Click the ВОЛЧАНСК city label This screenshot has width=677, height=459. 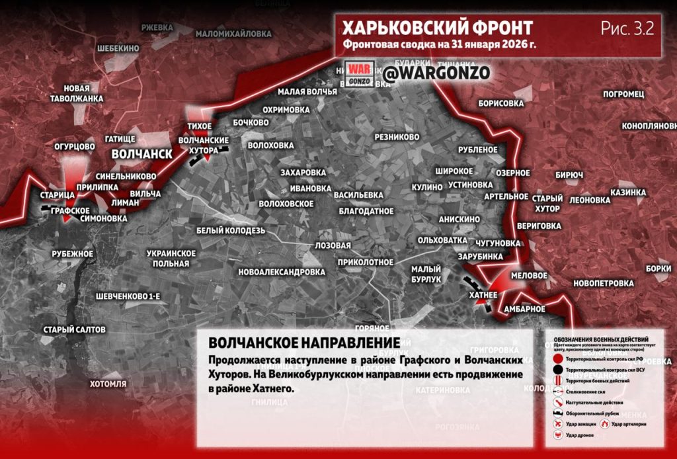click(141, 153)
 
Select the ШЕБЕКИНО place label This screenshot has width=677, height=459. click(118, 48)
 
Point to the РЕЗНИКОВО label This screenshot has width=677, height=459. click(397, 137)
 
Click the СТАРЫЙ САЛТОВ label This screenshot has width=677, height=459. click(74, 329)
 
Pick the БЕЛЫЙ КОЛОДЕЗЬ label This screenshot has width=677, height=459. click(230, 230)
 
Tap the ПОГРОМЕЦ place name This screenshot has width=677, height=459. click(623, 94)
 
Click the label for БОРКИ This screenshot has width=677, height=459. click(658, 269)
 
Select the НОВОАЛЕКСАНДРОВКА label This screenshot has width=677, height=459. click(282, 272)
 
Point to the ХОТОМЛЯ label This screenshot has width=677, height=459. click(108, 384)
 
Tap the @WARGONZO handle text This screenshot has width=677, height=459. click(436, 73)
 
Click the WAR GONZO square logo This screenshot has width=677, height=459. click(359, 73)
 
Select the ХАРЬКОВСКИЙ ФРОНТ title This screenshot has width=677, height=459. click(437, 28)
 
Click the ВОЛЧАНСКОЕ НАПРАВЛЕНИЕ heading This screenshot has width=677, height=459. click(303, 343)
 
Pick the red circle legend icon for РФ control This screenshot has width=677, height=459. click(559, 358)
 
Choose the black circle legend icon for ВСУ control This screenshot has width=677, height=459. click(559, 370)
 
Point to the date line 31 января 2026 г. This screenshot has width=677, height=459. click(440, 46)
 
